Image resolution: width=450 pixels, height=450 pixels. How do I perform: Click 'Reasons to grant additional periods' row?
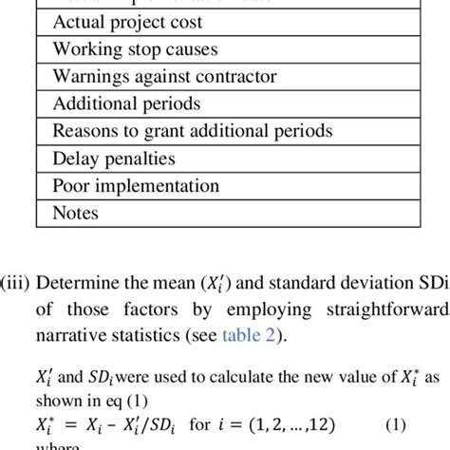click(191, 131)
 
